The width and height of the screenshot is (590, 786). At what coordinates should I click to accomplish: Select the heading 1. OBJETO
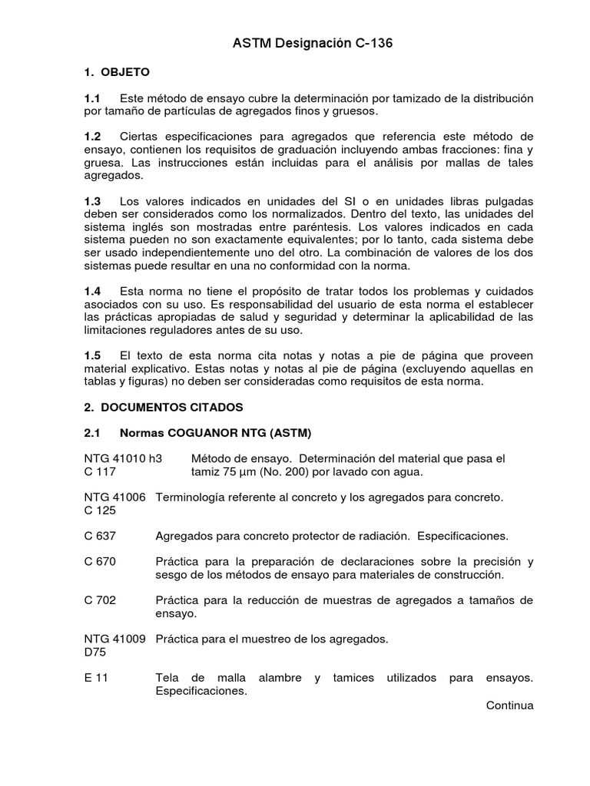click(117, 72)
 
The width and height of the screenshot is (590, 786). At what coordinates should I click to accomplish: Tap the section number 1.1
click(92, 99)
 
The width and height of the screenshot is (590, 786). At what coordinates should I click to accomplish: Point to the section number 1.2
click(92, 136)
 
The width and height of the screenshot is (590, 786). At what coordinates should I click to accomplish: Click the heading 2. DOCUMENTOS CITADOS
click(163, 406)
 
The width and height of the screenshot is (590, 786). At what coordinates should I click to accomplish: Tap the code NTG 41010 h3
click(123, 459)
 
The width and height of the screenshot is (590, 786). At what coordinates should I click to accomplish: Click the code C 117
click(99, 471)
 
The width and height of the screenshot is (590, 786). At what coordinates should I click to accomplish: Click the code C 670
click(99, 562)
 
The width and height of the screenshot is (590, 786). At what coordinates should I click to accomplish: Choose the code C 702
click(99, 599)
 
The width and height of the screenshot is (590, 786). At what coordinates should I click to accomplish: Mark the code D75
click(95, 652)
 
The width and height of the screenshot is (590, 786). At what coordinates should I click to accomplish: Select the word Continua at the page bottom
click(509, 705)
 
